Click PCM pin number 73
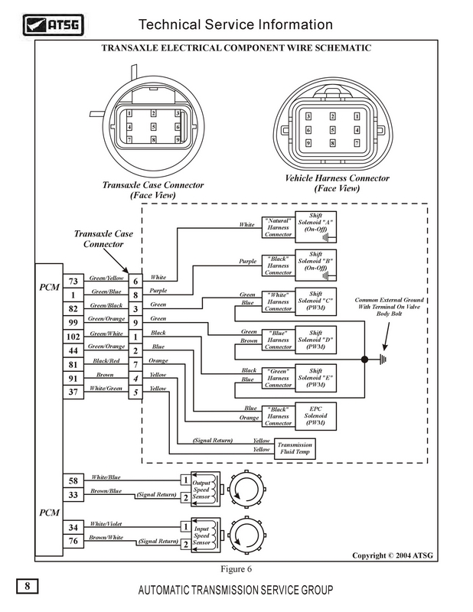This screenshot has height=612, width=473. coord(73,281)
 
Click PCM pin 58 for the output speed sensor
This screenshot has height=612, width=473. coord(73,480)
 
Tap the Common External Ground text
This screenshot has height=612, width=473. coord(390,306)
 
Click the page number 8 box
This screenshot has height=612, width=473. coord(27,587)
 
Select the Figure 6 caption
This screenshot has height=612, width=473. coord(236,569)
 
